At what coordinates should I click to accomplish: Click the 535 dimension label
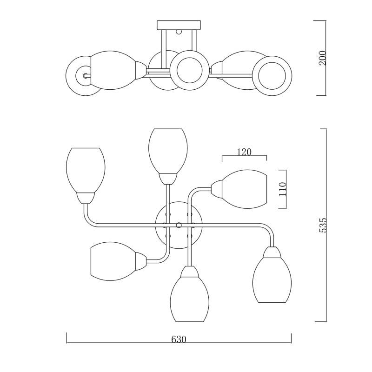coord(324,225)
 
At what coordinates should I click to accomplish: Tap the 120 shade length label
coord(244,152)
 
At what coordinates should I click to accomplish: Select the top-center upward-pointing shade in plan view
coord(167,150)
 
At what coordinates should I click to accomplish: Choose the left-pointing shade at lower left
coord(112,261)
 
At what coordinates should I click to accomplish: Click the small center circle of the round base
coord(179,225)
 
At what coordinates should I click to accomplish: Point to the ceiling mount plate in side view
coord(179,25)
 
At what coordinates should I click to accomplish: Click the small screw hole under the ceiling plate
coord(179,33)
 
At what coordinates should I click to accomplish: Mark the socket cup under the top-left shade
coord(86,197)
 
